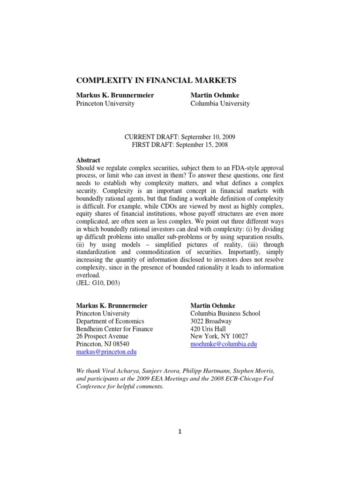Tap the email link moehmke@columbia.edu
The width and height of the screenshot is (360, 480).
pyautogui.click(x=224, y=344)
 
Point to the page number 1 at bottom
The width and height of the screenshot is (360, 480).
pyautogui.click(x=180, y=432)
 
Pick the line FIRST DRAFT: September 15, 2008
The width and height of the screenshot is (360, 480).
pyautogui.click(x=180, y=145)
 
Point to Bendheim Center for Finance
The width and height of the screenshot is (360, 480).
pyautogui.click(x=114, y=329)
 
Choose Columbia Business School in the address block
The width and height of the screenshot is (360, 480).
pyautogui.click(x=225, y=314)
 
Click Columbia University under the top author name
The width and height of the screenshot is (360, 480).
pyautogui.click(x=220, y=104)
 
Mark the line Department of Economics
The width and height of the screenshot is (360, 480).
pyautogui.click(x=110, y=321)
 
